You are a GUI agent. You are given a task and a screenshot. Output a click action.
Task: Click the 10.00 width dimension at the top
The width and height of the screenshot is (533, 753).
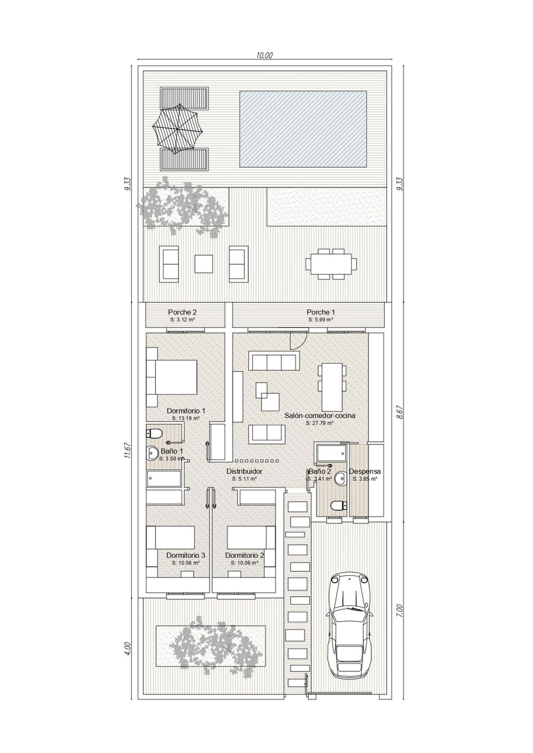(264, 55)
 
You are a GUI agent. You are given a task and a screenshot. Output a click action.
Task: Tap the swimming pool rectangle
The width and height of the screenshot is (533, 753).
(303, 129)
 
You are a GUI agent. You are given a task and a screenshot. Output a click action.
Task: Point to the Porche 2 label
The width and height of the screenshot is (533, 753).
(182, 312)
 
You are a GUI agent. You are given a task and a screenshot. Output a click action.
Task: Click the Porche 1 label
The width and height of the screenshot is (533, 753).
(321, 312)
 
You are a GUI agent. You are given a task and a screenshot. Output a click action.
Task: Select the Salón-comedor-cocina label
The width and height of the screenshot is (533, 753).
(320, 415)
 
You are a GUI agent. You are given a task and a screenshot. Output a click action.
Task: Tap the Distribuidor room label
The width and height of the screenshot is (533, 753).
(244, 471)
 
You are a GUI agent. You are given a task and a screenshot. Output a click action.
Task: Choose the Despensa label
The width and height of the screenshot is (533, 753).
(365, 471)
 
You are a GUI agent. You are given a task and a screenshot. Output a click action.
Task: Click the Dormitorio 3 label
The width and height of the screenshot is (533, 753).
(185, 555)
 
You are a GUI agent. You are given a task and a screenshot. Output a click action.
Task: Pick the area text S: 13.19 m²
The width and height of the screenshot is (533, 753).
(185, 418)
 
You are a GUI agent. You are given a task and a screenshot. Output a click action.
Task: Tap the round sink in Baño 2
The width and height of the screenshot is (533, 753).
(341, 478)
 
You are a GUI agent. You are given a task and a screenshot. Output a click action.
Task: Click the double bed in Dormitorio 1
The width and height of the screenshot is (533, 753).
(171, 377)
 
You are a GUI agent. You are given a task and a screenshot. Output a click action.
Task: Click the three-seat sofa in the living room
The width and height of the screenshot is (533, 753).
(274, 361)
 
